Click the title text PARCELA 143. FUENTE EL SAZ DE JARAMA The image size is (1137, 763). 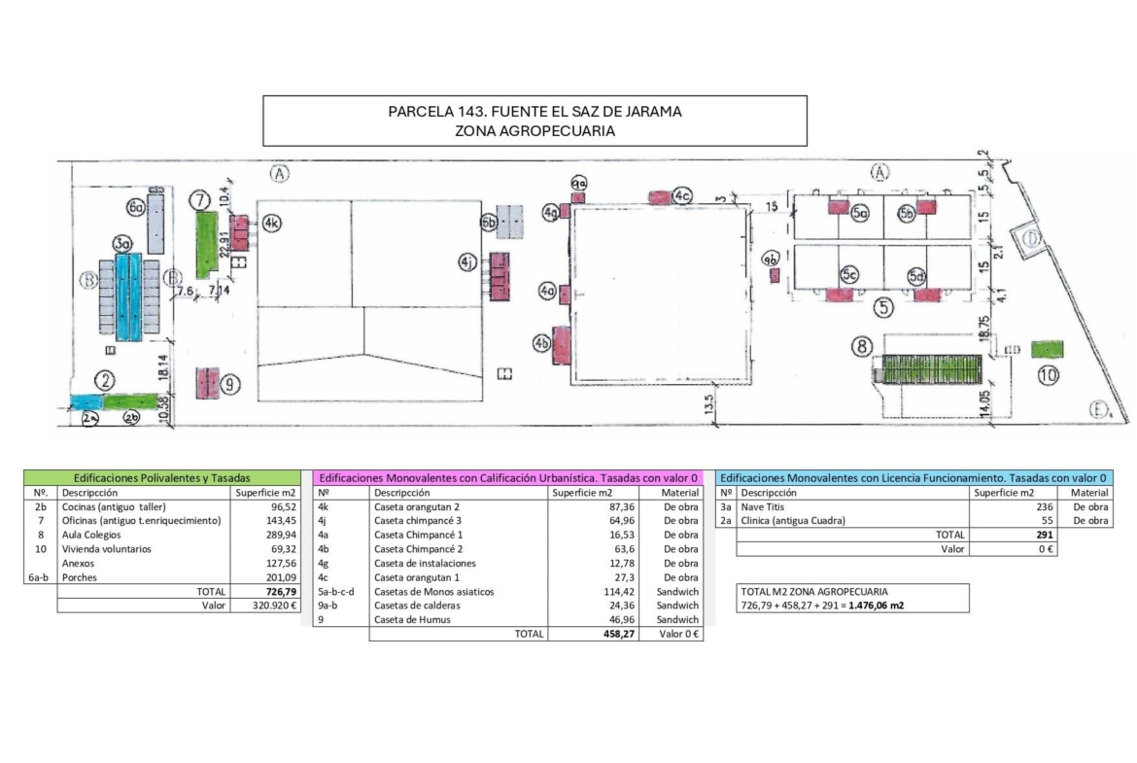pos(534,111)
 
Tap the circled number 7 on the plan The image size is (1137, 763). pos(201,199)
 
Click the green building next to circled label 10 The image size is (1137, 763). pos(1046,349)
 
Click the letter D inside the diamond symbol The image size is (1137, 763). pos(1029,238)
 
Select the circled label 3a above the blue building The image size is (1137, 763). pos(121,243)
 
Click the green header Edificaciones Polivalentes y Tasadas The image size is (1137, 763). pos(162,478)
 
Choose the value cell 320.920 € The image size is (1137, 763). pos(265,606)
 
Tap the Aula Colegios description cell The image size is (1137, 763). pos(91,536)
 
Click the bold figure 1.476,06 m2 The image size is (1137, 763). pos(871,606)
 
